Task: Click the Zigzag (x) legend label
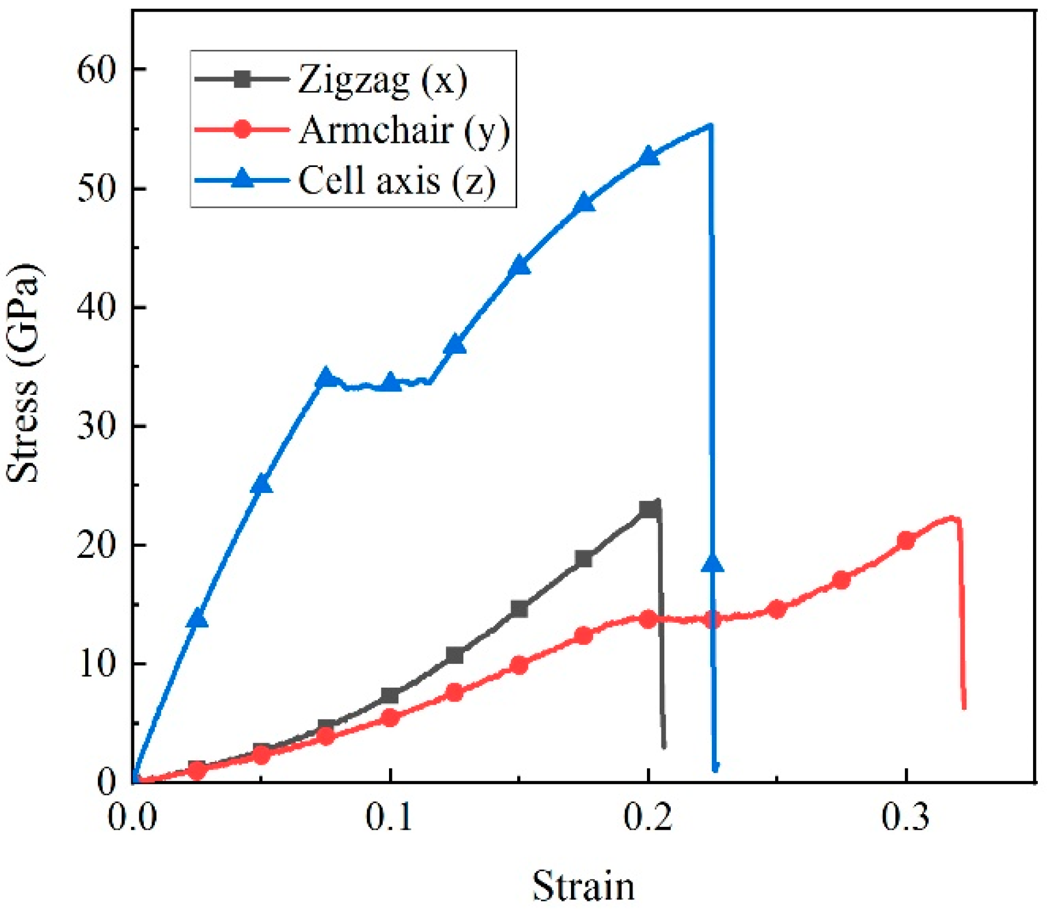point(382,79)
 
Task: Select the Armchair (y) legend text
point(404,130)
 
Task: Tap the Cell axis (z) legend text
point(397,180)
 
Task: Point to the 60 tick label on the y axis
point(96,70)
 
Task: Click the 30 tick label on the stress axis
point(96,427)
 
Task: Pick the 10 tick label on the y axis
point(96,664)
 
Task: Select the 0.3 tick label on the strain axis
point(905,816)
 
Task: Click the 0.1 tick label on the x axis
point(390,816)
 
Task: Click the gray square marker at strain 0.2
point(649,510)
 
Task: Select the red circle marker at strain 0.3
point(906,540)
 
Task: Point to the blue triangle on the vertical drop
point(712,563)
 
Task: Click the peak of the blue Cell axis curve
point(710,125)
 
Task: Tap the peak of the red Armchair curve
point(951,517)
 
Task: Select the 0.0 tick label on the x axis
point(132,816)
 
